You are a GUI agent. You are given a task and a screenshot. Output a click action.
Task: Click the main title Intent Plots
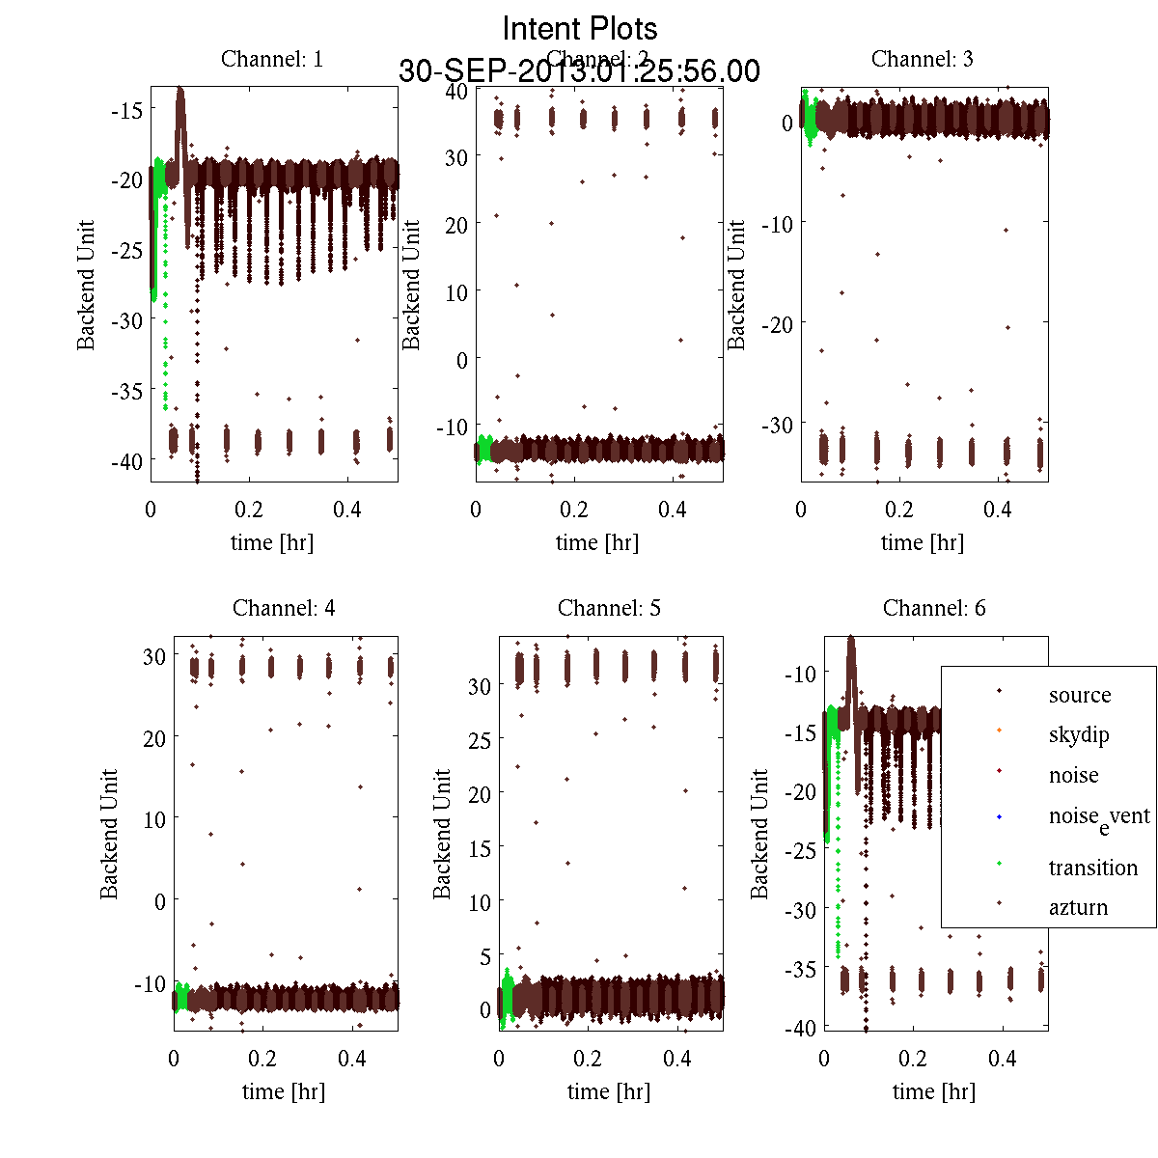(580, 28)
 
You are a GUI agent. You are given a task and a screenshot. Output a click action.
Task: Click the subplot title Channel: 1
(272, 59)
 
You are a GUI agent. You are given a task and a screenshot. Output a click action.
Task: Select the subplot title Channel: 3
(923, 59)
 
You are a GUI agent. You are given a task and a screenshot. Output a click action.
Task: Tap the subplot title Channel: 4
(284, 608)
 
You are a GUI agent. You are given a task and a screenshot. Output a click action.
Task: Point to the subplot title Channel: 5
(609, 608)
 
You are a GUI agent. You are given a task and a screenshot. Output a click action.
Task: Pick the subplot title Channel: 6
(934, 608)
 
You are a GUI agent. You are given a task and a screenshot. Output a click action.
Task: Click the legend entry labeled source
(1080, 695)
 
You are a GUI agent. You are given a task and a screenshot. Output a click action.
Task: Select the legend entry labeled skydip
(1079, 735)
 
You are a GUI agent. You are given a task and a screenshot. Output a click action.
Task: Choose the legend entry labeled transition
(1093, 868)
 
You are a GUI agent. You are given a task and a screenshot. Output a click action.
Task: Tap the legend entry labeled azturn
(1078, 907)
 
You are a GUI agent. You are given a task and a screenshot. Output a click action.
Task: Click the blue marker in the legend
(1000, 817)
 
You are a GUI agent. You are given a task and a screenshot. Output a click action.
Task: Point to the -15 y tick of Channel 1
(127, 110)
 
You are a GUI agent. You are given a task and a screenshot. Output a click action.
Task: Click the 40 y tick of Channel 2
(455, 91)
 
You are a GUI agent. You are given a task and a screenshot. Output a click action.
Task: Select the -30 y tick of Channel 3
(777, 425)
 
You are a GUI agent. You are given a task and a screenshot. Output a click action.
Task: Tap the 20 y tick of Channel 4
(153, 737)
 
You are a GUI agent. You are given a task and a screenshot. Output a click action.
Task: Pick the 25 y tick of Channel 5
(480, 740)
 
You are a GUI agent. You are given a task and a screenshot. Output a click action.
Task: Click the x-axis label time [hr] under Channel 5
(609, 1091)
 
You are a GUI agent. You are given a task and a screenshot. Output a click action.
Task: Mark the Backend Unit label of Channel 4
(109, 834)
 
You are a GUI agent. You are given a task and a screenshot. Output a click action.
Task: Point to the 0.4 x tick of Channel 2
(673, 510)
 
